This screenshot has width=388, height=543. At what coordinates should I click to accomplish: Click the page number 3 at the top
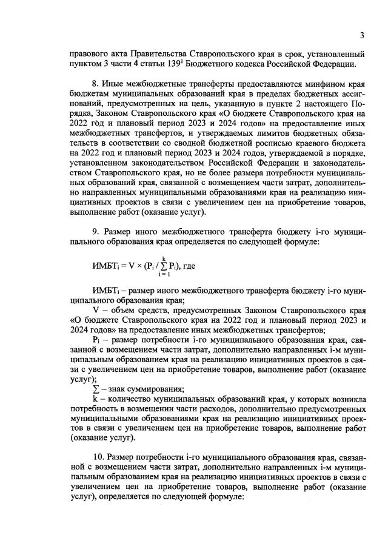coord(362,35)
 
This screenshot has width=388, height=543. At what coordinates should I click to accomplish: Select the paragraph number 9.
coord(95,232)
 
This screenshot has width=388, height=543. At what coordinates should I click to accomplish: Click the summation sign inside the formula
coord(164,266)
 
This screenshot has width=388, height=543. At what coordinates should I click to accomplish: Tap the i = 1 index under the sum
coord(164,274)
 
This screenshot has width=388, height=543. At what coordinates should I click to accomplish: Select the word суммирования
coord(155,389)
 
